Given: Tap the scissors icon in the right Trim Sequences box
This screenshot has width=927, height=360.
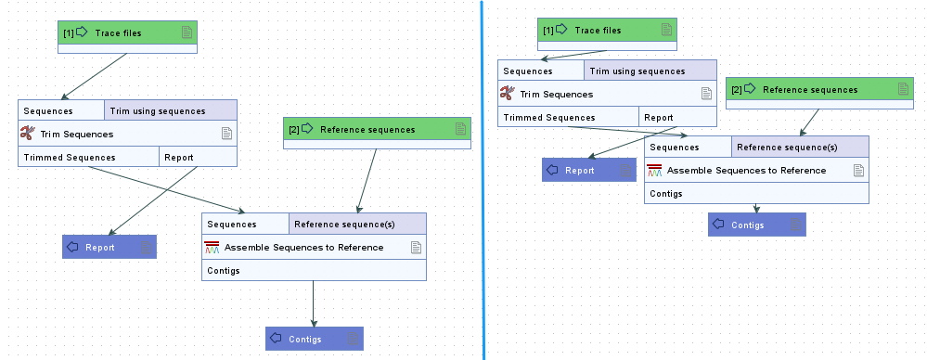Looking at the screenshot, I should tap(508, 94).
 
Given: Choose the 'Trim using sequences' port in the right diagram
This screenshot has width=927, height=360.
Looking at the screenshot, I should tap(650, 71).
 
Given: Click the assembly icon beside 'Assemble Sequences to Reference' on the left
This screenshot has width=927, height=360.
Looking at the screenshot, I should tap(213, 248).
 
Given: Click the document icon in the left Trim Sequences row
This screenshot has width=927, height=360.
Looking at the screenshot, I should tap(225, 135).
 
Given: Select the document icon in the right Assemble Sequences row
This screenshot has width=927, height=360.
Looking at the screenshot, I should tap(858, 170).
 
